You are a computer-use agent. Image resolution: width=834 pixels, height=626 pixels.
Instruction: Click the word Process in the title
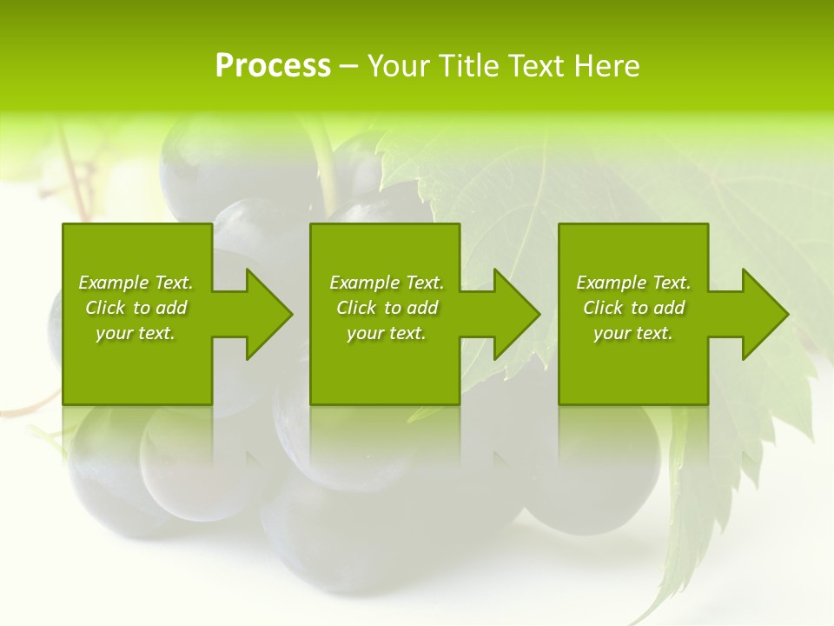click(x=273, y=66)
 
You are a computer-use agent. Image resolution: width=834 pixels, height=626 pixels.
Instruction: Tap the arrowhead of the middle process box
click(x=516, y=314)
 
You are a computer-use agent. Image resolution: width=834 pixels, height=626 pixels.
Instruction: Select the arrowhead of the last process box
click(x=764, y=314)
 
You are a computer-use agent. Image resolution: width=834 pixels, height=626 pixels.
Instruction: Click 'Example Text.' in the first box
click(x=136, y=283)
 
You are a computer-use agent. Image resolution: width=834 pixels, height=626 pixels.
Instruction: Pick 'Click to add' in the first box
click(x=136, y=308)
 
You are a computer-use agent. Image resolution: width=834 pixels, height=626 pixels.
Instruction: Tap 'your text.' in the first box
click(x=136, y=333)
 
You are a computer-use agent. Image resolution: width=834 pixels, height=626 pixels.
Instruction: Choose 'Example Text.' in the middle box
click(x=387, y=283)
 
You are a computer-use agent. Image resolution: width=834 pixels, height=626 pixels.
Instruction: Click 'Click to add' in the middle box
click(x=387, y=308)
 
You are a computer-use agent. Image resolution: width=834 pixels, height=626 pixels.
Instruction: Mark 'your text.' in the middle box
click(x=387, y=333)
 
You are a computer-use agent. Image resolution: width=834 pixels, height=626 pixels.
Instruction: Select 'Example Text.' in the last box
click(x=633, y=283)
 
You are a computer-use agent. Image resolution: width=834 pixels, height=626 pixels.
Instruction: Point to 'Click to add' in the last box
click(x=633, y=308)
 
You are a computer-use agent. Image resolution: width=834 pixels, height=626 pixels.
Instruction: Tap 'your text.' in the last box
click(x=633, y=333)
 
